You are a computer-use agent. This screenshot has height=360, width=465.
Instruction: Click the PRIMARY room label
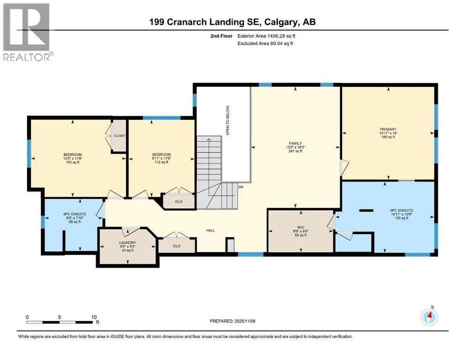click(x=388, y=129)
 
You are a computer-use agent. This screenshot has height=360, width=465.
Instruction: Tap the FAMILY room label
click(x=295, y=143)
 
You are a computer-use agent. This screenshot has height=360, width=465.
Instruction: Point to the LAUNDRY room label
click(x=127, y=242)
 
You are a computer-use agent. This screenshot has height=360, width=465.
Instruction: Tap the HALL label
click(x=211, y=230)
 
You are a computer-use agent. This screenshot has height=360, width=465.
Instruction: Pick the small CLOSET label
click(x=120, y=135)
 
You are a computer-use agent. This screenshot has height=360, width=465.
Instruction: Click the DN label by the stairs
click(x=241, y=187)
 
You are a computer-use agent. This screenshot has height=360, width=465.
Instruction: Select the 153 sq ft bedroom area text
click(x=73, y=163)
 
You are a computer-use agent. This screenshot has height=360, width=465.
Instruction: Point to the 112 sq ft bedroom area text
click(x=161, y=163)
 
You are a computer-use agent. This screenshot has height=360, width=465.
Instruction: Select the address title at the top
click(x=232, y=22)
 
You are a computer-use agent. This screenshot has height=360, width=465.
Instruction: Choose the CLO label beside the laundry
click(x=176, y=245)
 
